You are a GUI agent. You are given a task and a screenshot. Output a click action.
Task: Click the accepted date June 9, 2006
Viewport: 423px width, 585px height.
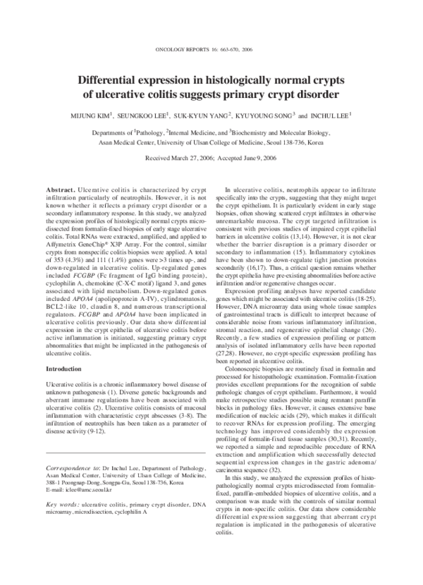(x=262, y=159)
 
